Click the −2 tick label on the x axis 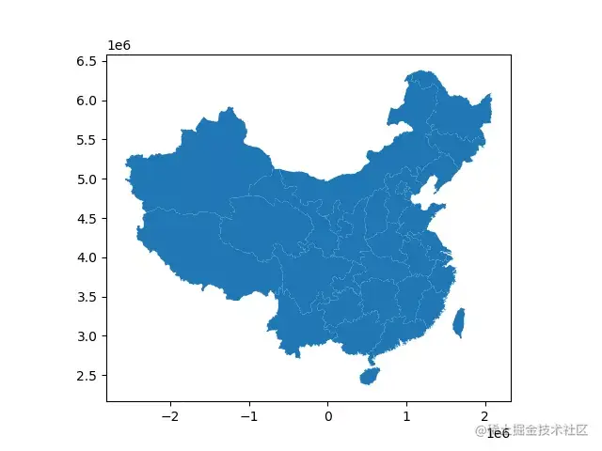(x=169, y=416)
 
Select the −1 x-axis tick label (x=248, y=416)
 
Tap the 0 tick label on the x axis (x=327, y=416)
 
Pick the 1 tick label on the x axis (x=406, y=416)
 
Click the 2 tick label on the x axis (x=485, y=416)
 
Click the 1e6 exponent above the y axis (x=119, y=45)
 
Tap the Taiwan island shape (x=459, y=322)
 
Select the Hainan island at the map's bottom (x=370, y=377)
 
